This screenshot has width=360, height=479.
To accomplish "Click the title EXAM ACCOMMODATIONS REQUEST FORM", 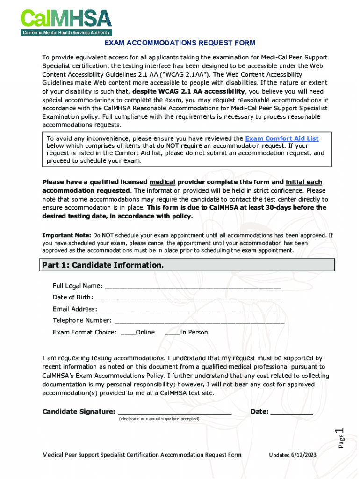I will point(180,43).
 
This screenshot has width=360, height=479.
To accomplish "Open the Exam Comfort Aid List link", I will point(282,138).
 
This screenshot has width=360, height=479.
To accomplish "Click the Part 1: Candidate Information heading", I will point(103,265).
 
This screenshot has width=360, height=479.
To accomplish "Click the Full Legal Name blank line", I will point(193,286).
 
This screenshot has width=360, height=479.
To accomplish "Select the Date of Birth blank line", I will point(189,298).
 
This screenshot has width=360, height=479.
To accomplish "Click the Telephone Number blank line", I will point(199,321).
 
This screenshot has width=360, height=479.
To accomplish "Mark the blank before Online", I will point(128,333).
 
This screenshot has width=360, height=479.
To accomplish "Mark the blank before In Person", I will point(173,333).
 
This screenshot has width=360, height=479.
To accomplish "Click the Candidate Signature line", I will point(174,412).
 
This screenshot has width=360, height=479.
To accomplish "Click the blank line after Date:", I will point(292,412).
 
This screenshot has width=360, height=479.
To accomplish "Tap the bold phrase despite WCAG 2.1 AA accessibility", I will point(188,91).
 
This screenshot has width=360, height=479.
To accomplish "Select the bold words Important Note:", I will point(67,235).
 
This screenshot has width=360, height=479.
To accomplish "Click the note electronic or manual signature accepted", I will point(159,419).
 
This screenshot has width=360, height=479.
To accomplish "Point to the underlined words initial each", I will point(304,182).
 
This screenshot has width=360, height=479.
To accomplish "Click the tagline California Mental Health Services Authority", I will point(66,33).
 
